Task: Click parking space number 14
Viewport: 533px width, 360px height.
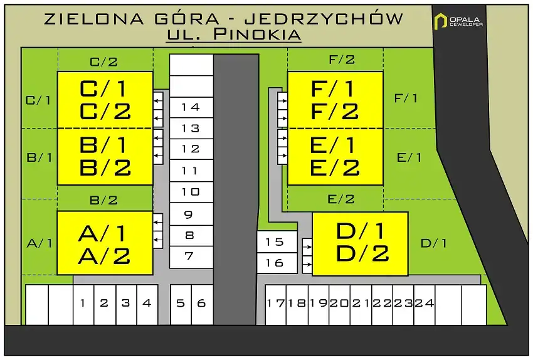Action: coord(191,107)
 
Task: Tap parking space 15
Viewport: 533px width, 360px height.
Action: coord(277,241)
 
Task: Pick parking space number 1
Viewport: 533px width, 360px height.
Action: coord(83,305)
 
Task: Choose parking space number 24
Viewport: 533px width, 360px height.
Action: coord(425,305)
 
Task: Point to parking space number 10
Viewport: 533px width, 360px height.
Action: coord(191,192)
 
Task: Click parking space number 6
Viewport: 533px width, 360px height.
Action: coord(203,305)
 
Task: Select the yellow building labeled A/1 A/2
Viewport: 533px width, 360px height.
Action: coord(105,243)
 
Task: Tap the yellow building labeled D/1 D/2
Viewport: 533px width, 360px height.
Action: coord(360,244)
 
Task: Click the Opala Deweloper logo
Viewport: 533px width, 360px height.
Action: coord(458,21)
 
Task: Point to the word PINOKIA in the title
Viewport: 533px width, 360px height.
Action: coord(257,34)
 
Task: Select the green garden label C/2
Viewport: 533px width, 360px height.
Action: coord(103,62)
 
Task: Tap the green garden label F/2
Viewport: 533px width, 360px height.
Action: coord(342,60)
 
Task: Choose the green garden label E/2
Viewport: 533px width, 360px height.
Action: coord(341,199)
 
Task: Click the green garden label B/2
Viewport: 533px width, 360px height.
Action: coord(103,200)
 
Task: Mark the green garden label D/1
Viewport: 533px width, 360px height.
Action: coord(433,243)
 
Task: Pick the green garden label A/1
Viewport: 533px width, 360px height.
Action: coord(40,243)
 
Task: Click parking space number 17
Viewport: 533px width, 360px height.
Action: coord(276,305)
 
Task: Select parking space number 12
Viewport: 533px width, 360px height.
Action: coord(191,149)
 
